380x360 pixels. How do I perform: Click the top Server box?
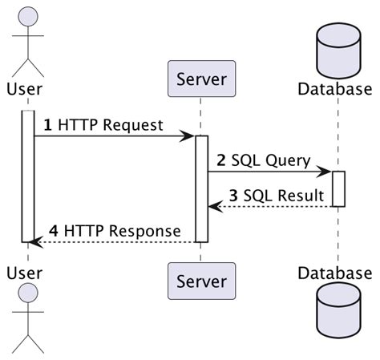coord(200,79)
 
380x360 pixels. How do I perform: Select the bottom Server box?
coord(200,281)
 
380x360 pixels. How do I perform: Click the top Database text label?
coord(335,88)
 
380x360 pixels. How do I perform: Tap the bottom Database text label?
coord(335,273)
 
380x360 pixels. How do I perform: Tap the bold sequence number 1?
coord(47,125)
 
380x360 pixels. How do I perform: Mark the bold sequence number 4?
coord(53,231)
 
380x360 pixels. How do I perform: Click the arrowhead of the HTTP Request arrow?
coord(189,136)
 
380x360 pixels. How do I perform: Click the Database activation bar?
coord(338,188)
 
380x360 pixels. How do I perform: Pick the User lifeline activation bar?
coord(27,176)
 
